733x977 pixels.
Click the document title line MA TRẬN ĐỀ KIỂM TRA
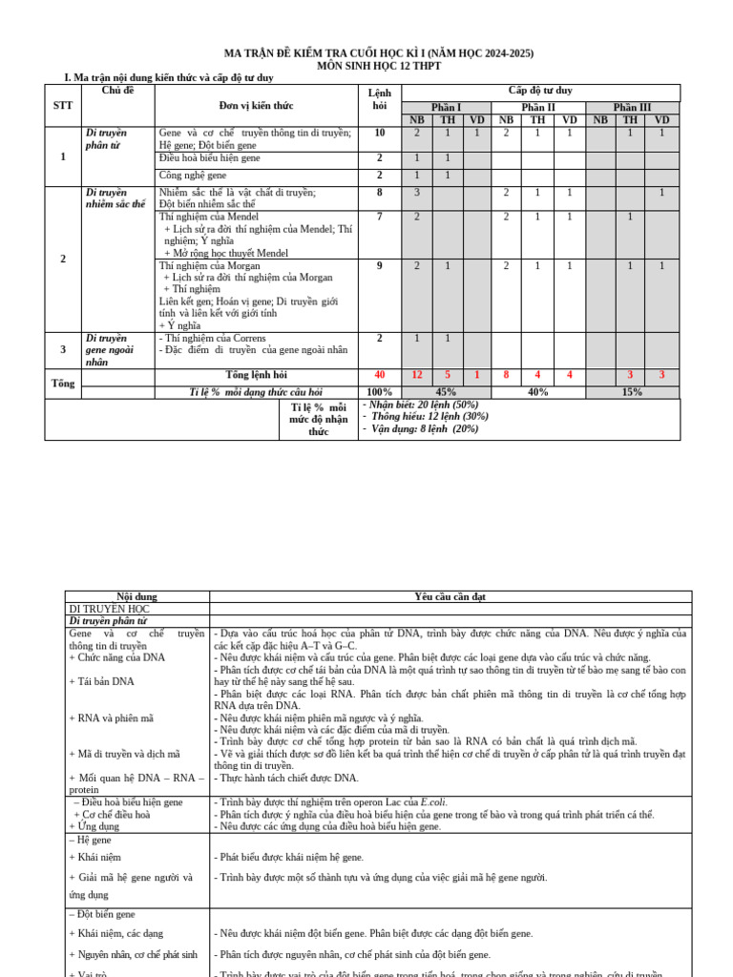click(378, 53)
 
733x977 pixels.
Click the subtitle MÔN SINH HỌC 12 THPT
click(378, 66)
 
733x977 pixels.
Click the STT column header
click(63, 105)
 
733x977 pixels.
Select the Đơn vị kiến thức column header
click(256, 105)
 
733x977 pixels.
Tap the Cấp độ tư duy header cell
click(540, 91)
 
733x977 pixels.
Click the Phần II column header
click(538, 108)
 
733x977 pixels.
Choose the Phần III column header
click(632, 108)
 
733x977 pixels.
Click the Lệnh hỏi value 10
click(380, 134)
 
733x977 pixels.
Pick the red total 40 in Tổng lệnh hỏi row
click(380, 375)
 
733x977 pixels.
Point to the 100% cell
click(380, 392)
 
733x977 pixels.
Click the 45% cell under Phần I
click(446, 392)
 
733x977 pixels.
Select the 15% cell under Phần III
click(632, 392)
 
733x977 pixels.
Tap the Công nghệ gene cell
click(192, 176)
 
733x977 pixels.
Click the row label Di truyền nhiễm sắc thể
click(115, 198)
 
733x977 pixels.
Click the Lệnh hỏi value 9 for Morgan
click(380, 266)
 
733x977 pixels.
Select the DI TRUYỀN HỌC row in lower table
click(109, 609)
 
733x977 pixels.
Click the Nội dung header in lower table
click(136, 596)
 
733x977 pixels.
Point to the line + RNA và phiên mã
click(112, 717)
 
